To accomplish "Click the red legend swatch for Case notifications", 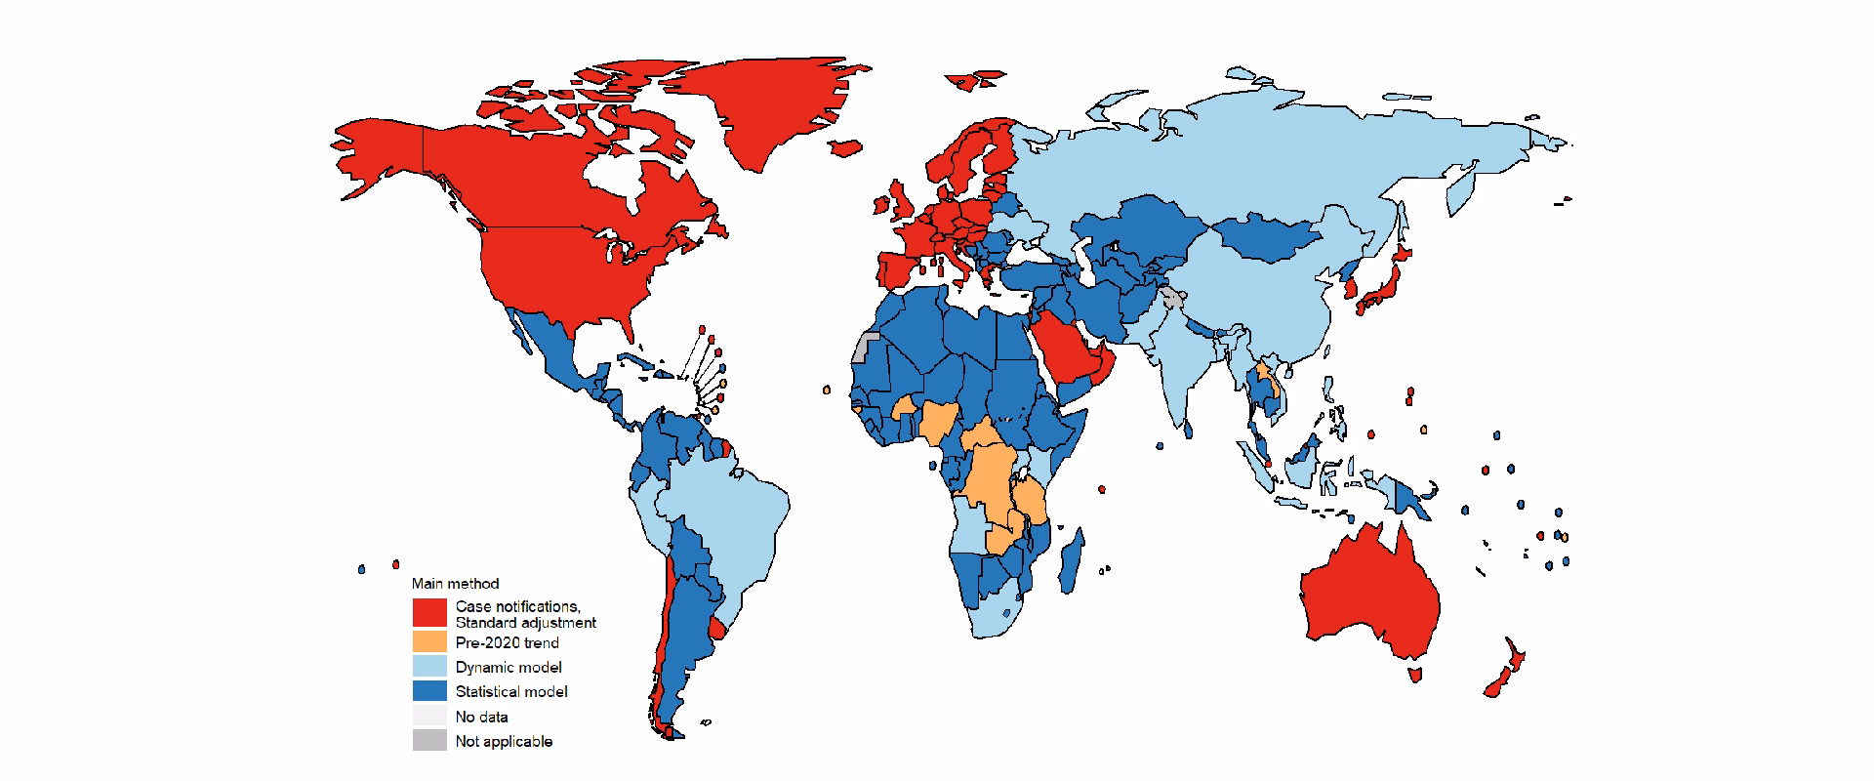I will point(428,612).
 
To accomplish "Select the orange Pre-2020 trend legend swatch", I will point(428,642).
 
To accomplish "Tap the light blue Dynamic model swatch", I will point(428,667).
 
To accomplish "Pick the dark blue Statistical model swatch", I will point(428,691).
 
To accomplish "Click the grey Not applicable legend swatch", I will point(428,741).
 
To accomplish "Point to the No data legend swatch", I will point(428,717).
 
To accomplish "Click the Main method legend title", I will point(455,584).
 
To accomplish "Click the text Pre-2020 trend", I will point(507,642).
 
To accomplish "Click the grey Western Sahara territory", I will point(863,347).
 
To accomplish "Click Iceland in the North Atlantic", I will point(892,195).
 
